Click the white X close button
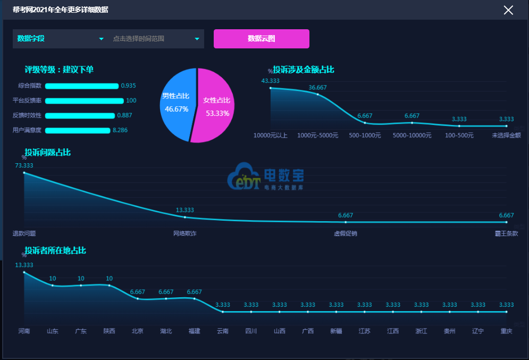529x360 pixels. coord(508,10)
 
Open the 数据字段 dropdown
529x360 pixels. coord(60,39)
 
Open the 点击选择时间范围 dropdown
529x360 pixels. coord(156,39)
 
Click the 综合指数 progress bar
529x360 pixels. coord(82,86)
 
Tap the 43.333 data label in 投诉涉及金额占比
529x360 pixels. coord(270,81)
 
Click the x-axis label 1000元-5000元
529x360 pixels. coord(317,135)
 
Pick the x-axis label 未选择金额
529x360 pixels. coord(506,135)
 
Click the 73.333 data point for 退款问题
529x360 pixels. coord(24,172)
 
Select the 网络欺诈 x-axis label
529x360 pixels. coord(184,233)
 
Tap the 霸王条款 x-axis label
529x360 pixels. coord(506,233)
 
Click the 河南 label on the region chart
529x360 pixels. coord(24,331)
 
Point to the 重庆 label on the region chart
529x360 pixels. coord(506,331)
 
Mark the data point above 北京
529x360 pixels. coord(138,299)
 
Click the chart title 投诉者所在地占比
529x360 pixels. coord(55,250)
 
